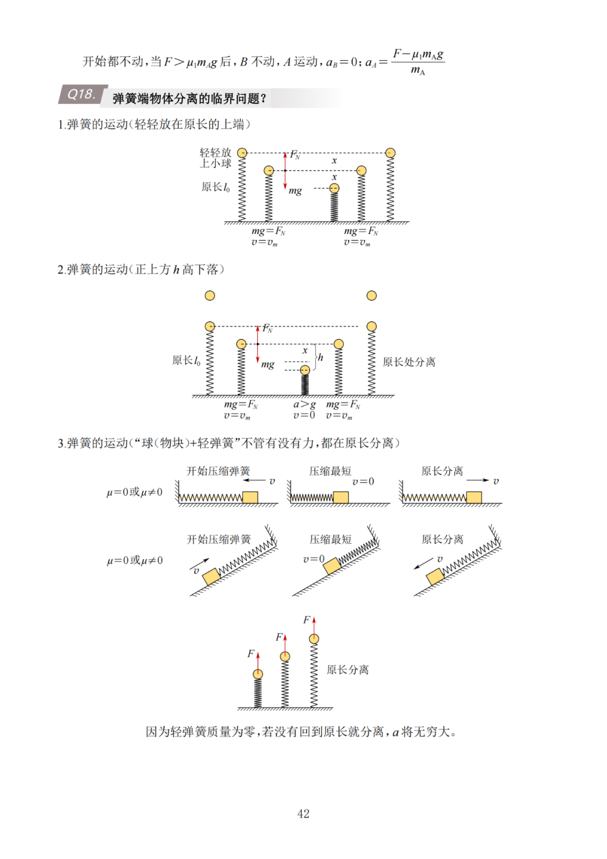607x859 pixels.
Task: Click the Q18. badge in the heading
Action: click(81, 95)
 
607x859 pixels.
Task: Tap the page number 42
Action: click(303, 813)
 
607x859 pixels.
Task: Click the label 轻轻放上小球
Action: click(215, 158)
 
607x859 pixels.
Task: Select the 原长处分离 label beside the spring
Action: click(409, 362)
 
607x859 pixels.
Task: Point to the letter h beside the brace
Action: click(320, 357)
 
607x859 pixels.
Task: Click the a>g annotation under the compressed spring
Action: click(304, 404)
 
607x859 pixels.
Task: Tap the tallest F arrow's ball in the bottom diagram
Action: click(314, 638)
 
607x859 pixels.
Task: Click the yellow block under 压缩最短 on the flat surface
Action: click(341, 497)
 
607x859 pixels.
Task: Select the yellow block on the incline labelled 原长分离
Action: click(435, 577)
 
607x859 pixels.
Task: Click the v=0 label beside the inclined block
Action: click(314, 559)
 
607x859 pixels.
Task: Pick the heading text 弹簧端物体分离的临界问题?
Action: click(189, 98)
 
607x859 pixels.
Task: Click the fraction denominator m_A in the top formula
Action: click(418, 70)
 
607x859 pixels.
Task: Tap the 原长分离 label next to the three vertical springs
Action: click(347, 669)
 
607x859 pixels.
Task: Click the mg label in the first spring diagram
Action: click(295, 191)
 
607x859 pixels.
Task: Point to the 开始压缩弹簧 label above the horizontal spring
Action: click(218, 471)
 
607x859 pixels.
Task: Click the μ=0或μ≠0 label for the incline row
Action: click(135, 560)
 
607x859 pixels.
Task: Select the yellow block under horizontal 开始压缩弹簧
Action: click(250, 497)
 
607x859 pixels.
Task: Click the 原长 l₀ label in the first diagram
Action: click(215, 187)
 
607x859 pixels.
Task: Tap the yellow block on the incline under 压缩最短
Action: click(332, 565)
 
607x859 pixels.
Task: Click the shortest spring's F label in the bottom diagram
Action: click(251, 654)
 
